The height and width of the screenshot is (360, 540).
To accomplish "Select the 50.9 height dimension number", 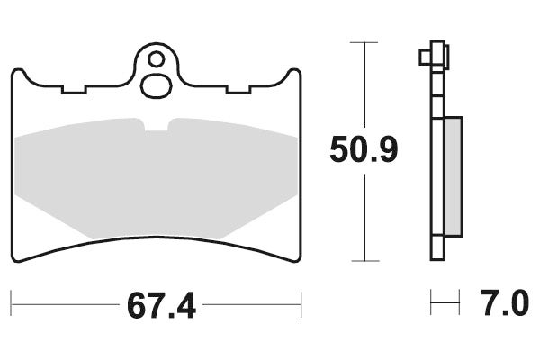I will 363,150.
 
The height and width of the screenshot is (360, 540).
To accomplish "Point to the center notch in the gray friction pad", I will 157,125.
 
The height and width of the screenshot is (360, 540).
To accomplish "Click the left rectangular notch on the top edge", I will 74,89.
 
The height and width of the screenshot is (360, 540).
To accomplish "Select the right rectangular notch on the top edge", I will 238,89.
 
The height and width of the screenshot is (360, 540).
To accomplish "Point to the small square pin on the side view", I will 425,58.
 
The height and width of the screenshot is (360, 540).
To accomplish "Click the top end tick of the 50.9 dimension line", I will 363,42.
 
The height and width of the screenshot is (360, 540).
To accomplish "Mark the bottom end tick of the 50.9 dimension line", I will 363,260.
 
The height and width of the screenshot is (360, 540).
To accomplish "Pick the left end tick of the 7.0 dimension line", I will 433,303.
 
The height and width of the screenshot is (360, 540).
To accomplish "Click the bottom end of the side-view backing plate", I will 438,257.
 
